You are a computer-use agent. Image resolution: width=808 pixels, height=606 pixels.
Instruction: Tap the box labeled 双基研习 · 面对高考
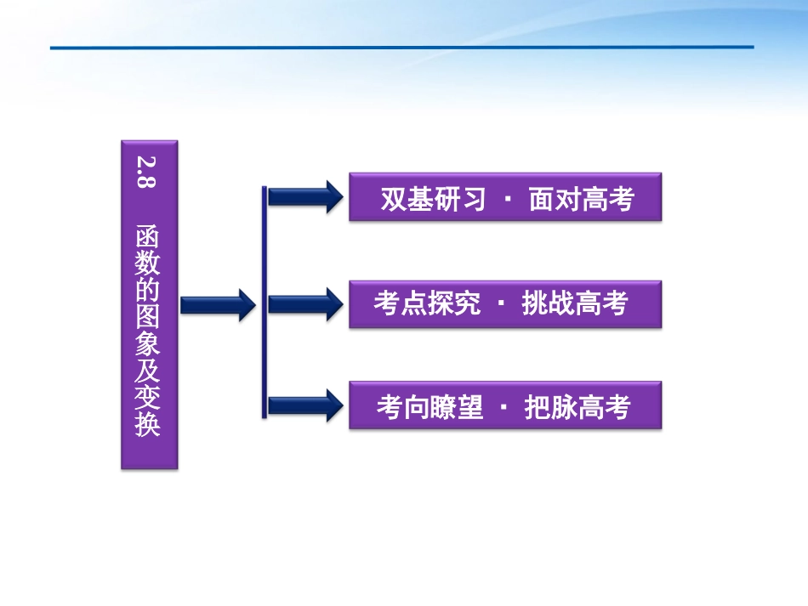(505, 197)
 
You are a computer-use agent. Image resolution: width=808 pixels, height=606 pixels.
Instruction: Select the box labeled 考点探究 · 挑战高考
(505, 303)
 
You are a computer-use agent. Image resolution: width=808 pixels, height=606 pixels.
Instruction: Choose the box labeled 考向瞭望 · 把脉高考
(505, 405)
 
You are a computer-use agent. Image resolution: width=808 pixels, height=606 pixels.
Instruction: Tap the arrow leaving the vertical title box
(218, 304)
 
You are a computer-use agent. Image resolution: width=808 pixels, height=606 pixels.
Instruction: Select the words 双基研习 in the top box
(433, 199)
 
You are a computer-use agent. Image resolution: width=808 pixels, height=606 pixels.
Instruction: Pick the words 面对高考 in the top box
(582, 199)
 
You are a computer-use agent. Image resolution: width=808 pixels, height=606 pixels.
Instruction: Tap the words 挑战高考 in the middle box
(575, 304)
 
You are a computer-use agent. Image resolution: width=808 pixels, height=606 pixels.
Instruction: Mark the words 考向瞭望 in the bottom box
(430, 407)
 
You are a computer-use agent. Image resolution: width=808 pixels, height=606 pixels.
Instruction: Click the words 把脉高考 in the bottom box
(578, 407)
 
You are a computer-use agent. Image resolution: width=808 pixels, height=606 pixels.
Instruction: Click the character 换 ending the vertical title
(148, 425)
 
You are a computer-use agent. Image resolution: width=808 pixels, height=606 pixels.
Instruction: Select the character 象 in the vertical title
(148, 343)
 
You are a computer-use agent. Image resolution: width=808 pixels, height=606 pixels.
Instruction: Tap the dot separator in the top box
(508, 200)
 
